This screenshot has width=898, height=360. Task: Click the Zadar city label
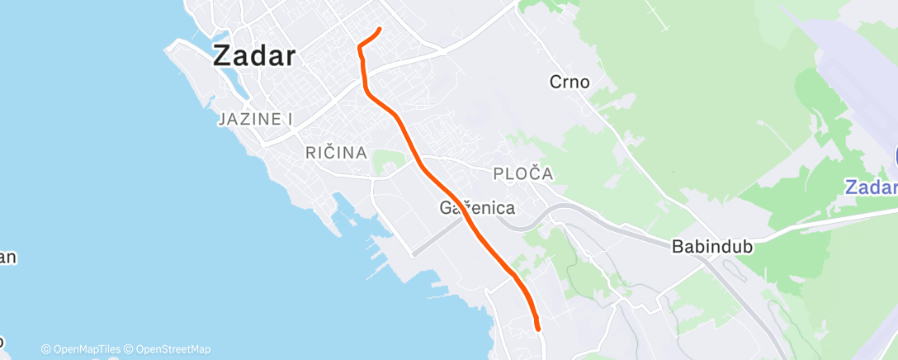tap(254, 56)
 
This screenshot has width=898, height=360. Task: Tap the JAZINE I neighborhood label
tap(256, 120)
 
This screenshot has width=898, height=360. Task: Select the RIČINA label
tap(336, 153)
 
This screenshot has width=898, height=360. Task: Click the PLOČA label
tap(522, 174)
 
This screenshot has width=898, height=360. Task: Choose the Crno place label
tap(570, 82)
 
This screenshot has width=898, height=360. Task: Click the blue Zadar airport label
tap(871, 187)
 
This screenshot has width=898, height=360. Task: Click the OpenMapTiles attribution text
tap(86, 349)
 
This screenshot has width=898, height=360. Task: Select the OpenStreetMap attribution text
tap(172, 349)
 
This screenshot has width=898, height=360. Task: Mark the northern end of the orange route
tap(379, 30)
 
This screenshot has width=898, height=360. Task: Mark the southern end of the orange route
tap(538, 329)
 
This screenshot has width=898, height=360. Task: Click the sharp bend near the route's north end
tap(360, 47)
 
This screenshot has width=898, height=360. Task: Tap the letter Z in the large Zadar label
tap(222, 56)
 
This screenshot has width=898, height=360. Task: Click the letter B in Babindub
tap(678, 246)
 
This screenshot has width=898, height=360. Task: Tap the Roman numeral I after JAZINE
tap(291, 120)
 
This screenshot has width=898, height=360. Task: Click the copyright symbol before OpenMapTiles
tap(46, 349)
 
